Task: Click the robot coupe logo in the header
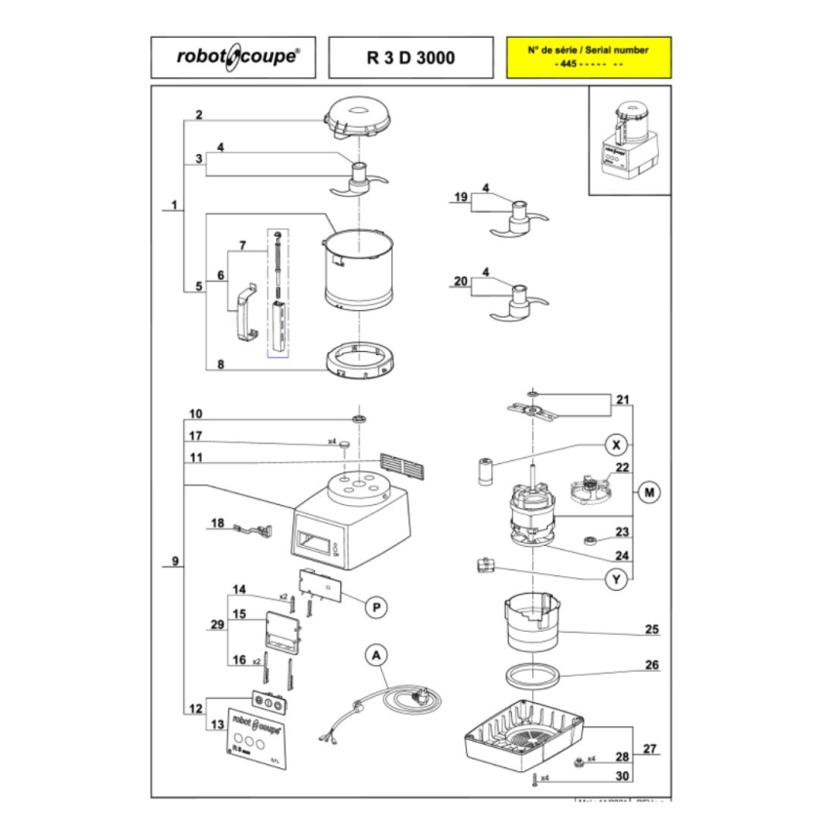click(x=231, y=58)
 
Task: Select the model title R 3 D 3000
click(x=409, y=58)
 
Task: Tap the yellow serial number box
click(x=586, y=58)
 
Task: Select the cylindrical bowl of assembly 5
click(x=361, y=268)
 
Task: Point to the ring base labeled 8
click(x=361, y=361)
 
